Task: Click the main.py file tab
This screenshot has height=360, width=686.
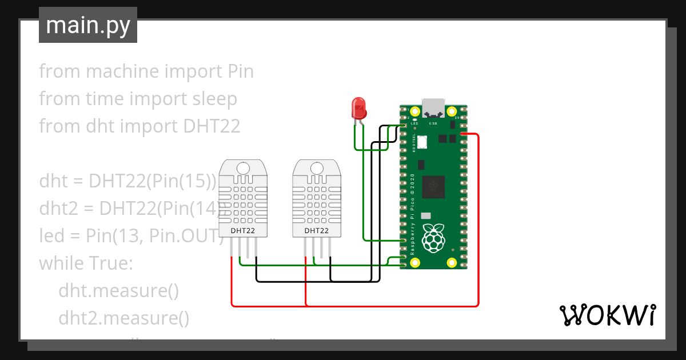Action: pos(87,25)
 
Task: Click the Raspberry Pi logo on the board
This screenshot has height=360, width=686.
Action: pos(433,238)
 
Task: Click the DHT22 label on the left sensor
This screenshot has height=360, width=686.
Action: pos(243,231)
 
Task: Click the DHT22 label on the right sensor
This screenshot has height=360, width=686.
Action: pos(316,231)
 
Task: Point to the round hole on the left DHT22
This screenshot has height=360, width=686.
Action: pos(243,168)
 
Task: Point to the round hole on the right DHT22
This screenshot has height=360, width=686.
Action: pos(316,168)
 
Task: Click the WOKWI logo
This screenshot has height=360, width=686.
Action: pos(607,315)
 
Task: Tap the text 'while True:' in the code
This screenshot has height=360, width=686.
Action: pos(86,263)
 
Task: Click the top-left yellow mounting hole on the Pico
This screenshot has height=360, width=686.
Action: pos(414,112)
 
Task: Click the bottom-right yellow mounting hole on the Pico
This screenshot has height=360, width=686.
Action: pos(452,262)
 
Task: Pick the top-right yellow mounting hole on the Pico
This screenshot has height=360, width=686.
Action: pos(452,112)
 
